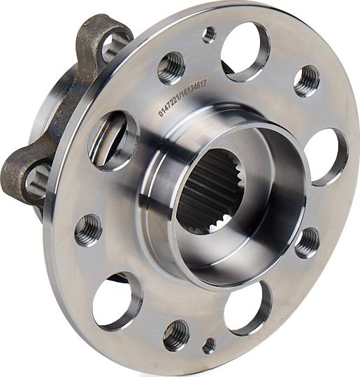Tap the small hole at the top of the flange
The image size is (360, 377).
(209, 34)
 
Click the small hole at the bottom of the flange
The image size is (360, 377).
(209, 345)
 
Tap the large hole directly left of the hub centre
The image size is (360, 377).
(113, 140)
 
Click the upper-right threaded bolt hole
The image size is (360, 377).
(306, 81)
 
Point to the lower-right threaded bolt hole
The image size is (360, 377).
(307, 242)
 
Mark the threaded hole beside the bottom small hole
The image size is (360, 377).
(176, 335)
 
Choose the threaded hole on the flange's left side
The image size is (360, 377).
(89, 229)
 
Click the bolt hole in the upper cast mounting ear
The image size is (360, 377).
(112, 46)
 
